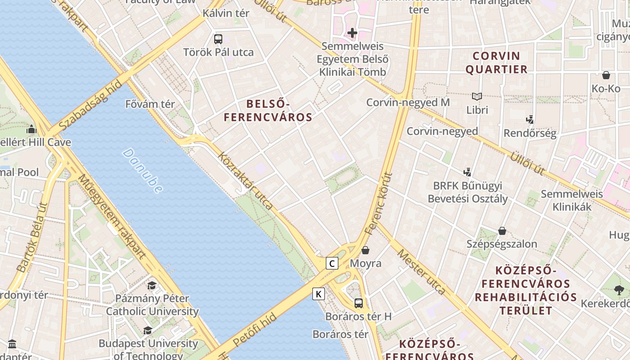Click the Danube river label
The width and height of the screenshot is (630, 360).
coord(142,171)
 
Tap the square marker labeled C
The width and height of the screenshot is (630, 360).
coord(332,263)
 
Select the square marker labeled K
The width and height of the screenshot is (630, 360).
coord(319,294)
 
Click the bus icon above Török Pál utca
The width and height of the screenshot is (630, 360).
coord(218,39)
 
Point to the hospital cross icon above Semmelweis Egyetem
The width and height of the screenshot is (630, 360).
coord(352,33)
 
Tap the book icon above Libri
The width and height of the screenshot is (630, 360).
coord(477,96)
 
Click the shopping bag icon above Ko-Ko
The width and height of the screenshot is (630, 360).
coord(606,75)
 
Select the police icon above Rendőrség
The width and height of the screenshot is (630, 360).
coord(530,120)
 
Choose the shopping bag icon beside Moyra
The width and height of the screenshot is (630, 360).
coord(365,250)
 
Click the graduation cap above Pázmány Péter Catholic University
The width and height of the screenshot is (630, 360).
coord(152,285)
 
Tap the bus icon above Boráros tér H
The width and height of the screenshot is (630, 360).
coord(358,303)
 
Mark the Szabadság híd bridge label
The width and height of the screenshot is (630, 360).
coord(90,105)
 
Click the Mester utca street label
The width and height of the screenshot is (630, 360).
coord(421,272)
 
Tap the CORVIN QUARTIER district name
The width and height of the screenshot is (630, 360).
coord(496,63)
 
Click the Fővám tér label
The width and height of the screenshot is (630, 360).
coord(150,104)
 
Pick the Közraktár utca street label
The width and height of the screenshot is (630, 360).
coord(245,181)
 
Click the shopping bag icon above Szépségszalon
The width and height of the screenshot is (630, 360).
coord(502,231)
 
